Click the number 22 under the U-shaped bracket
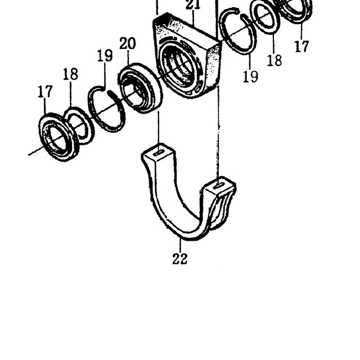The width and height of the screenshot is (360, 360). point(180,259)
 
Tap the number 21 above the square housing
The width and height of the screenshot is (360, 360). point(193,5)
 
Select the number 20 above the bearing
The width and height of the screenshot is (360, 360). point(128,44)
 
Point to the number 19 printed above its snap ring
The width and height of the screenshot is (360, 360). point(105,55)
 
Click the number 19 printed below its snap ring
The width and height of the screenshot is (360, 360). point(250,76)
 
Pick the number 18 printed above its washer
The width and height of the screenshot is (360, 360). point(70,74)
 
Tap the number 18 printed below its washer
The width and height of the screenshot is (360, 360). point(274,60)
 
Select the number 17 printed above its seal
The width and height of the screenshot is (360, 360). point(45,91)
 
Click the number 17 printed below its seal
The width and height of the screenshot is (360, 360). point(301,46)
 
